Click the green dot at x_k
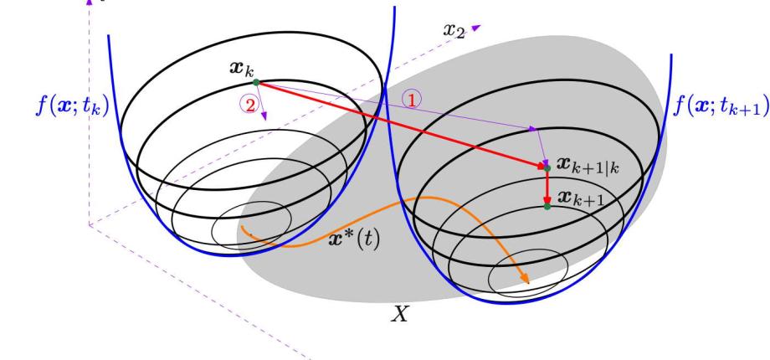click(x=256, y=83)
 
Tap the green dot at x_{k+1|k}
click(x=547, y=168)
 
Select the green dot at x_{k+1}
click(x=547, y=207)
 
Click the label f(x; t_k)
click(x=72, y=105)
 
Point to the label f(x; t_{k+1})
click(x=721, y=105)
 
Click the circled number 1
click(x=412, y=100)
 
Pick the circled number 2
click(x=249, y=105)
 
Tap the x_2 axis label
click(x=454, y=30)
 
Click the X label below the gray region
click(x=400, y=314)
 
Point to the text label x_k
click(x=242, y=69)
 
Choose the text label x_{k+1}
click(x=579, y=198)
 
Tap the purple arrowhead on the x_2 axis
click(x=477, y=28)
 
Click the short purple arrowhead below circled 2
click(x=264, y=116)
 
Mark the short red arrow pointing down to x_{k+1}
click(x=547, y=188)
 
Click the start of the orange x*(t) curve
click(x=242, y=226)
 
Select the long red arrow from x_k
click(x=401, y=125)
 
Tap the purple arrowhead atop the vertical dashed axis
click(x=90, y=2)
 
